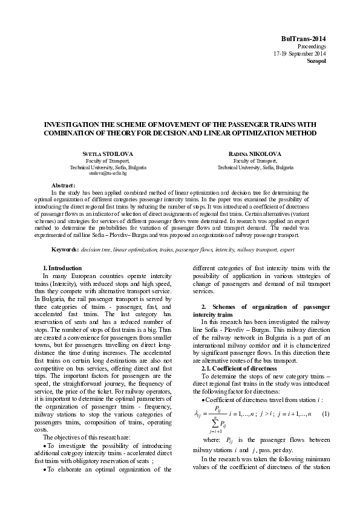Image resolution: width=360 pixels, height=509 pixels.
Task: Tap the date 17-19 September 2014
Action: tap(300, 54)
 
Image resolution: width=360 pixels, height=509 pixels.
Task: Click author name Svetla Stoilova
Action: tap(108, 155)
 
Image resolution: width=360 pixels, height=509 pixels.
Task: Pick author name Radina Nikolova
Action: tap(252, 155)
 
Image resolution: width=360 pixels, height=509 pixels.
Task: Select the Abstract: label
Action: tap(64, 185)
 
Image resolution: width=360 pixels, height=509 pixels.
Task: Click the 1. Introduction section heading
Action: tap(62, 268)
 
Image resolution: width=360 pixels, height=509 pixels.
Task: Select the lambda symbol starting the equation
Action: tap(196, 397)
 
